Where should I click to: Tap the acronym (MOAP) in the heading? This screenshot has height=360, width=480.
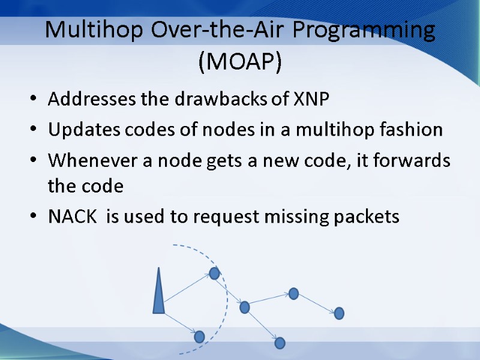pos(240,61)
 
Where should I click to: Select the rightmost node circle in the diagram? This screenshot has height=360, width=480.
pos(339,313)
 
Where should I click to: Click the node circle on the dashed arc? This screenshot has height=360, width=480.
pos(215,274)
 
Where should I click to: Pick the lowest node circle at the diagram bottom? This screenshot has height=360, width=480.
pos(280,343)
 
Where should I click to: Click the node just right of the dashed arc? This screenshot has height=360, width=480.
pos(244,307)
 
